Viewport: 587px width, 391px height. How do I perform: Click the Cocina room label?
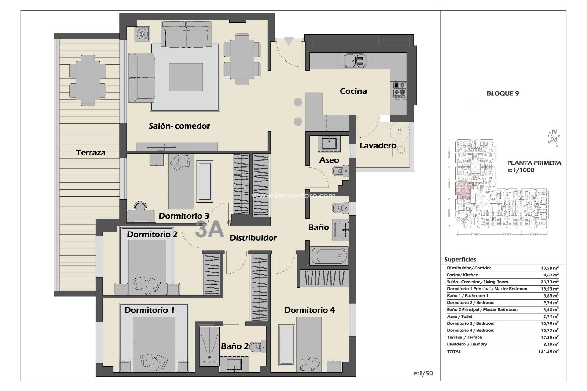tap(353, 91)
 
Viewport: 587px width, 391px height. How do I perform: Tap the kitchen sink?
tap(355, 60)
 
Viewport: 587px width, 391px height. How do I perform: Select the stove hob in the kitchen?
tap(400, 90)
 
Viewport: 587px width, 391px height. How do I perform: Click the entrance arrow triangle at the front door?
tap(289, 41)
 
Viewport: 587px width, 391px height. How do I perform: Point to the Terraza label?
tap(91, 152)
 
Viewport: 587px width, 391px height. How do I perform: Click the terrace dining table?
tap(88, 80)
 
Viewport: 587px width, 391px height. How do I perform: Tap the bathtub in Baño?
tap(329, 256)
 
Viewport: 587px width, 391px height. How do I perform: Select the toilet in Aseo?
tap(341, 171)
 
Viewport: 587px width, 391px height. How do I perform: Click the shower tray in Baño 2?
tap(209, 346)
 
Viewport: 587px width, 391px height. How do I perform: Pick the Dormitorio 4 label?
tap(309, 310)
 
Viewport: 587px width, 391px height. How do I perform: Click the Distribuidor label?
tap(253, 238)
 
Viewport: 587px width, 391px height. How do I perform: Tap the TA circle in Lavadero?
tap(399, 132)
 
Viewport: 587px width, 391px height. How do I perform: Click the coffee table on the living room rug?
tap(186, 77)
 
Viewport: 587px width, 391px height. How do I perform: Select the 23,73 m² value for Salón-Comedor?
tap(549, 282)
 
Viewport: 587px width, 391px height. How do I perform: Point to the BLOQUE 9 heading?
tap(503, 93)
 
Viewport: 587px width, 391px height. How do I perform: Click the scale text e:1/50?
tap(423, 373)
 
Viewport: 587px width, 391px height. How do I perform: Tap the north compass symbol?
tap(554, 139)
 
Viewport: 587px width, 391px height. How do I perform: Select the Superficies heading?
tap(460, 260)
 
